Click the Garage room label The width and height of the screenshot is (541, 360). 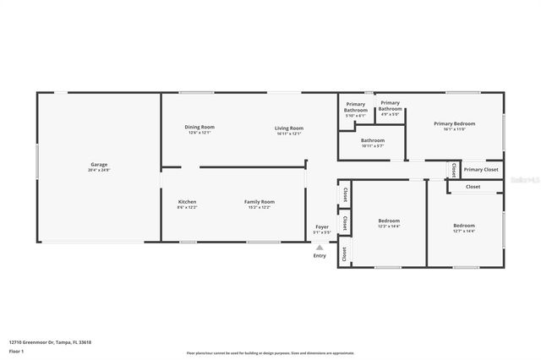tap(99, 165)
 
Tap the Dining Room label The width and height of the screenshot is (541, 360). tap(199, 127)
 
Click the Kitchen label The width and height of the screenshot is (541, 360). tap(187, 202)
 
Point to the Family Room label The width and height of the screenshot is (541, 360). tap(260, 202)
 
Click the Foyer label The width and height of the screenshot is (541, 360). tap(322, 226)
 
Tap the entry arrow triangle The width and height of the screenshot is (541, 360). tap(320, 248)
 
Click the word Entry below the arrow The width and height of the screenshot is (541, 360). tap(320, 256)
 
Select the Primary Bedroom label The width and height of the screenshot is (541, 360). tap(454, 123)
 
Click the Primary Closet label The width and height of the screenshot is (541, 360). tap(480, 170)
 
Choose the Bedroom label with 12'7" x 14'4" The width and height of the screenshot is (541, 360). tap(463, 226)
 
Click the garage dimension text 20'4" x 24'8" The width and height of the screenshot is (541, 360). tap(99, 170)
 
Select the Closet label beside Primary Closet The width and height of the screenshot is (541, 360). tap(455, 169)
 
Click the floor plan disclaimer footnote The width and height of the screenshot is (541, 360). tap(270, 352)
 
